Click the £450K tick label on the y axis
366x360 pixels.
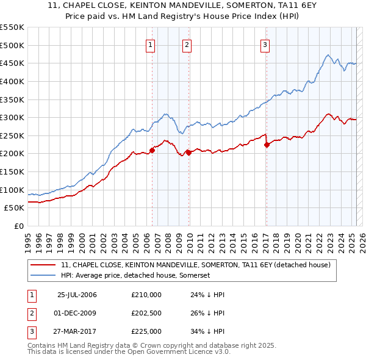pyautogui.click(x=12, y=63)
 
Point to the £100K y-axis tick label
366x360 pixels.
pyautogui.click(x=12, y=190)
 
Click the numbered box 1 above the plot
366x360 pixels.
pyautogui.click(x=151, y=44)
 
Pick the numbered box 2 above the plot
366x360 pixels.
pyautogui.click(x=187, y=44)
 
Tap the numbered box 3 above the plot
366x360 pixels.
pyautogui.click(x=266, y=44)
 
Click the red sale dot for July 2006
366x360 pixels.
pyautogui.click(x=152, y=150)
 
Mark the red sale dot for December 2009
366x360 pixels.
pyautogui.click(x=188, y=153)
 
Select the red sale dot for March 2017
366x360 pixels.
pyautogui.click(x=267, y=145)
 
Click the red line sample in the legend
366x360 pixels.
pyautogui.click(x=43, y=265)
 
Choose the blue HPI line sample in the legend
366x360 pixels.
pyautogui.click(x=43, y=276)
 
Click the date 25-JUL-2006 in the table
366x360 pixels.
pyautogui.click(x=77, y=295)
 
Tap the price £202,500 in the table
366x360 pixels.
pyautogui.click(x=146, y=313)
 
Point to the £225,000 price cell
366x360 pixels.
pyautogui.click(x=146, y=331)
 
